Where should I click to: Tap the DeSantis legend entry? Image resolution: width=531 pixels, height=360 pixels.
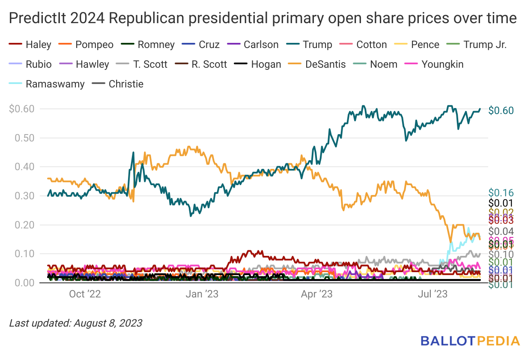(x=318, y=64)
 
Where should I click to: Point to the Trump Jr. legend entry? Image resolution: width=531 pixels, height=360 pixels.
(x=479, y=45)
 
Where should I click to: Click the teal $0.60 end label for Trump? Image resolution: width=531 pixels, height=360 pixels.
(x=501, y=110)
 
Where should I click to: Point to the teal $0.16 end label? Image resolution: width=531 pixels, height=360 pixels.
(x=501, y=192)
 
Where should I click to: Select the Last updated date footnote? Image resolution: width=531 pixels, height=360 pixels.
(x=75, y=323)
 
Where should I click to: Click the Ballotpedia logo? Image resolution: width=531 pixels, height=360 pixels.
(x=470, y=341)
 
